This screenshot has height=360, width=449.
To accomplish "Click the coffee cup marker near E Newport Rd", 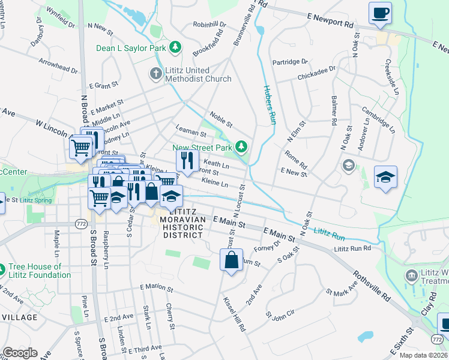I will tap(380, 13).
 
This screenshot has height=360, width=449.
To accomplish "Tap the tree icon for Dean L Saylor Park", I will tap(175, 47).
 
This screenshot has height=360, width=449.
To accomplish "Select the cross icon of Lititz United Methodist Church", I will tap(155, 74).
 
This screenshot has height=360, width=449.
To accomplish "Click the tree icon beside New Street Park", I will tap(241, 146).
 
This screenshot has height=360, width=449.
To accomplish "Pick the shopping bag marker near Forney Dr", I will tap(231, 261).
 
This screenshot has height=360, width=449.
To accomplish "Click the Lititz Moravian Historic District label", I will tap(183, 224).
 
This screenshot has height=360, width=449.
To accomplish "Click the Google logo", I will tap(20, 352).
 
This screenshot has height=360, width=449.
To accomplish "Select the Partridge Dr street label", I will tap(289, 61).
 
